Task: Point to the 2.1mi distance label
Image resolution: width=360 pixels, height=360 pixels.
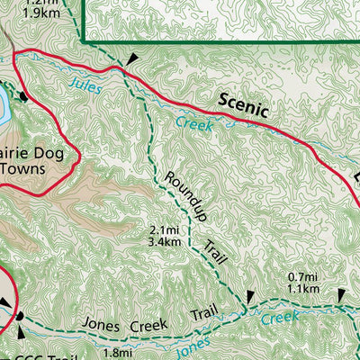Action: [167, 230]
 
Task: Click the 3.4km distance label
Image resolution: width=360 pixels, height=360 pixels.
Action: [168, 241]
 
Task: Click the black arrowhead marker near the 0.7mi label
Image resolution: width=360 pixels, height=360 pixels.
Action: [341, 296]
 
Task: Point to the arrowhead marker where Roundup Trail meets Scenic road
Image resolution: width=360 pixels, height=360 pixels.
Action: [132, 58]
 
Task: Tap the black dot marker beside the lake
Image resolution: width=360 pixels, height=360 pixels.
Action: [24, 96]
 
